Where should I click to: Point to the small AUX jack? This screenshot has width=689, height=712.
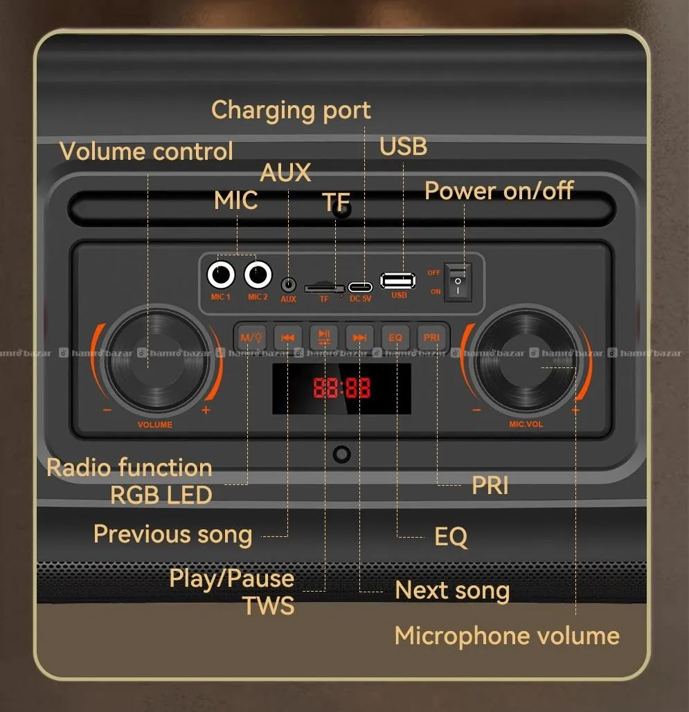[x=289, y=284]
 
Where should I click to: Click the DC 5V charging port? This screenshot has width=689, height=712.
[x=360, y=286]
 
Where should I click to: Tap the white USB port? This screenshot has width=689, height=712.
[x=397, y=281]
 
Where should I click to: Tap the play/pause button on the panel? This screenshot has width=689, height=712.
[x=323, y=338]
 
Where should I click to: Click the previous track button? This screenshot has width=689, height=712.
[x=287, y=338]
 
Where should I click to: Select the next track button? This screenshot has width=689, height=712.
[x=359, y=338]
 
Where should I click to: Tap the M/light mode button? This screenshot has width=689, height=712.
[x=251, y=338]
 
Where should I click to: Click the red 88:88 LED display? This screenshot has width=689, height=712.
[x=341, y=388]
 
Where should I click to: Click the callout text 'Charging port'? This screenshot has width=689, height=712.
[x=291, y=111]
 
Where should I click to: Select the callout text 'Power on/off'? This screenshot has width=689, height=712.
[x=499, y=191]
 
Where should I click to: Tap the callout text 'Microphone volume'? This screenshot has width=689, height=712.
[x=507, y=636]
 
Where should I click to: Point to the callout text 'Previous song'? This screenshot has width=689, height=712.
[x=172, y=534]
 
